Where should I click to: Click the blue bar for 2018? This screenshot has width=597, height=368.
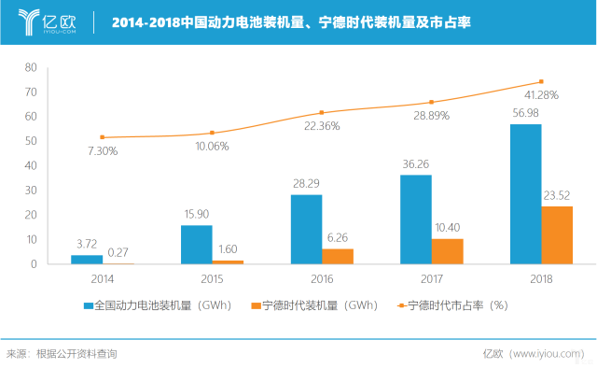point(525,194)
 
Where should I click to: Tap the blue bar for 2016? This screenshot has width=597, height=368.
point(306,230)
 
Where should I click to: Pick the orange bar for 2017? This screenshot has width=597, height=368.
point(447,251)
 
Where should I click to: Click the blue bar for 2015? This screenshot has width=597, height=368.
point(196,245)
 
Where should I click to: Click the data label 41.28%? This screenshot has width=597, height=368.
point(541,95)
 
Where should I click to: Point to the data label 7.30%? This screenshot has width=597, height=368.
point(103,150)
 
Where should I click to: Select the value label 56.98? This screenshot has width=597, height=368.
point(525,113)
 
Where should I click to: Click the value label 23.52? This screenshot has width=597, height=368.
point(557,195)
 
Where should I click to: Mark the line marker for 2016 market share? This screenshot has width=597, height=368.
point(322,113)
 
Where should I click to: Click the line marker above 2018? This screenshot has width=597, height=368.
point(541,81)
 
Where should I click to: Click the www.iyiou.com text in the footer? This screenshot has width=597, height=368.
point(550,354)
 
